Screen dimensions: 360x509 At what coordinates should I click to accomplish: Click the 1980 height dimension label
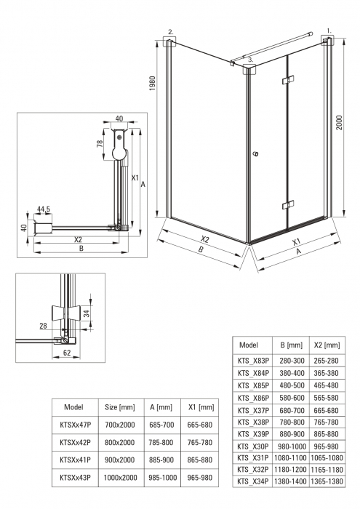point(153,84)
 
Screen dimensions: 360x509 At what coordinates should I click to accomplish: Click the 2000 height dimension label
point(339,122)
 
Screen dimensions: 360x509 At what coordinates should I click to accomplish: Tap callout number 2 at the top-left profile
point(171,32)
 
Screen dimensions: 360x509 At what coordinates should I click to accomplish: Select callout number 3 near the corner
point(251,60)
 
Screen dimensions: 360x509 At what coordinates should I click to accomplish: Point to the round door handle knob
point(256,153)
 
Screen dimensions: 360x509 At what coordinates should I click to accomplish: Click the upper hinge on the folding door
point(288,79)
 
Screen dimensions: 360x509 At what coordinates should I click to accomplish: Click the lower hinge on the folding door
point(288,205)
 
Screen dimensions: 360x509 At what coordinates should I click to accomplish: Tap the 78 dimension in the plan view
point(100,143)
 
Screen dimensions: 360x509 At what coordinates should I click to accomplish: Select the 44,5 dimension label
point(44,209)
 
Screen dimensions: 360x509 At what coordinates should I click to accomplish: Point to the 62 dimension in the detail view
point(67,353)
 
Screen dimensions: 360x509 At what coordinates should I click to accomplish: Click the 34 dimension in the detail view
point(87,313)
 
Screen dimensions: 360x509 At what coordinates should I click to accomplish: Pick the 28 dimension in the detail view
point(43,326)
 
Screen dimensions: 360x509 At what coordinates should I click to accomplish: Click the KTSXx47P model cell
point(76,425)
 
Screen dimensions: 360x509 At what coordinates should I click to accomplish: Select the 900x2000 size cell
point(119,460)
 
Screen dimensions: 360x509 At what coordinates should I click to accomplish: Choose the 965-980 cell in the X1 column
point(200,478)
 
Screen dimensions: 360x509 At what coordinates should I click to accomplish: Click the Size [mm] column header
point(120,407)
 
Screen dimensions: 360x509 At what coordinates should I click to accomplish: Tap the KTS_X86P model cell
point(253,398)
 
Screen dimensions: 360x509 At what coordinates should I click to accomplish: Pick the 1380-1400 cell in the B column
point(290,481)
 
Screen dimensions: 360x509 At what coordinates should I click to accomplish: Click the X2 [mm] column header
point(327,345)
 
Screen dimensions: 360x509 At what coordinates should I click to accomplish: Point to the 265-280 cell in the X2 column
point(327,361)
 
